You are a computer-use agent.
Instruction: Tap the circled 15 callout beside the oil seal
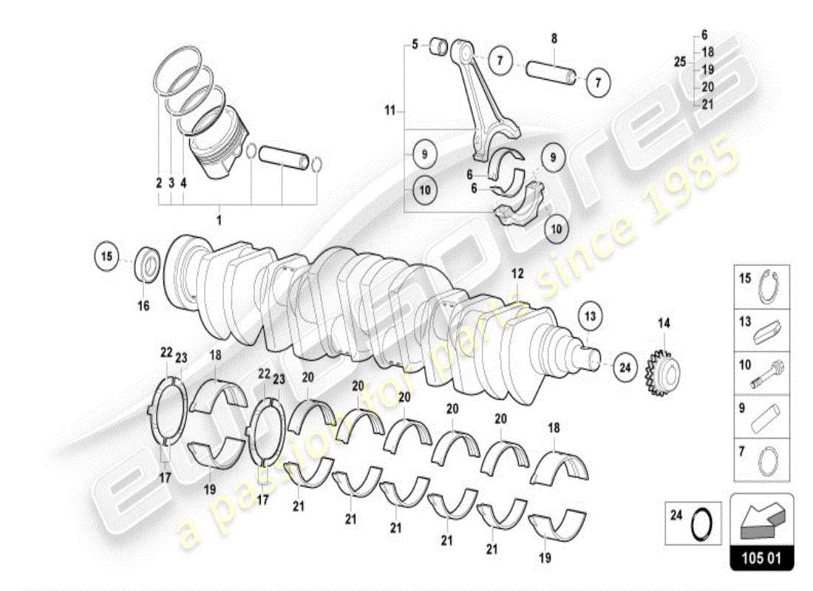(x=107, y=257)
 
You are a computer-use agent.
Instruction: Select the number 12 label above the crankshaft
(x=517, y=273)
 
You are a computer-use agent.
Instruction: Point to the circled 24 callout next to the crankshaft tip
(x=625, y=366)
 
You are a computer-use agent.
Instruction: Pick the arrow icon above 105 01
(x=761, y=516)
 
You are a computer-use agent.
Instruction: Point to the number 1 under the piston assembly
(x=219, y=220)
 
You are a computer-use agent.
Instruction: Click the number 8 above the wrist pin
(x=554, y=38)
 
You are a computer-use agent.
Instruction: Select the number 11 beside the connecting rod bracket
(x=390, y=112)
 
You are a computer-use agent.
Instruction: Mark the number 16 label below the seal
(x=143, y=305)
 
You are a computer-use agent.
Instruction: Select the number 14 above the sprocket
(x=663, y=323)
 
